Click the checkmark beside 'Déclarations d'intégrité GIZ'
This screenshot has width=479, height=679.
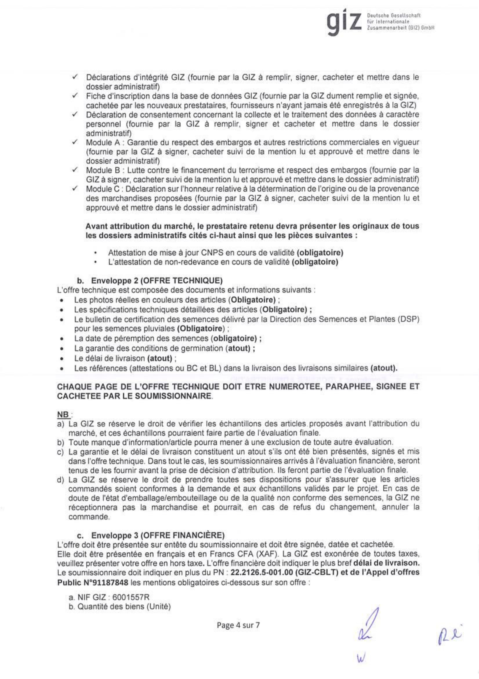[75, 77]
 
